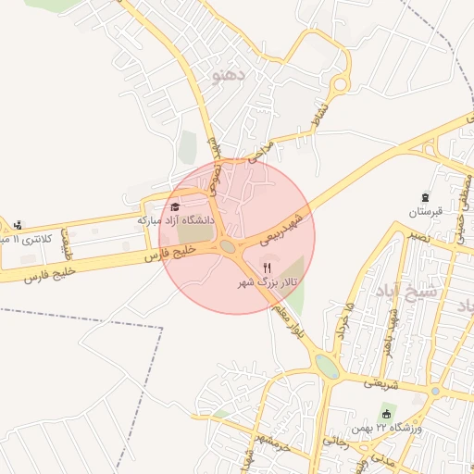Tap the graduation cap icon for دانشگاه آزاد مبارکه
pos(175,206)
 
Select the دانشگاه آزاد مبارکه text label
pos(176,221)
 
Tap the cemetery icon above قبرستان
pos(426,197)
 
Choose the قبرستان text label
pos(426,212)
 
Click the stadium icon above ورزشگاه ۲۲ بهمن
pos(386,413)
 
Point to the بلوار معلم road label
pos(286,327)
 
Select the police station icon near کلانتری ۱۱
pos(18,224)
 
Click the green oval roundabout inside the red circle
pos(228,246)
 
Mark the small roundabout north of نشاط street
pos(340,85)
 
